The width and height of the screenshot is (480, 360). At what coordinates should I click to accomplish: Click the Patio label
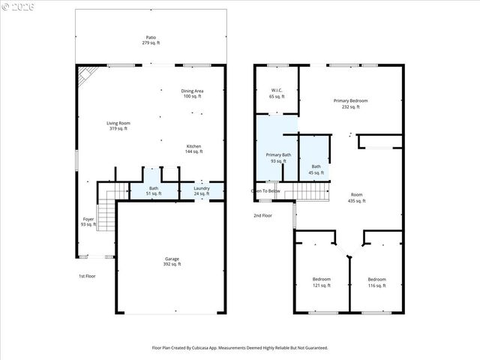tap(151, 40)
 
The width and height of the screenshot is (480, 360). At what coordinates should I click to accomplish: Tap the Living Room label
tap(118, 125)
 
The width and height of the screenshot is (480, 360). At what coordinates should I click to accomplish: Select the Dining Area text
tap(193, 94)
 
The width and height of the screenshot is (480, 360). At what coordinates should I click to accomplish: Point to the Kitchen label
tap(194, 148)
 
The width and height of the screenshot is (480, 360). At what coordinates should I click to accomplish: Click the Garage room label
tap(172, 262)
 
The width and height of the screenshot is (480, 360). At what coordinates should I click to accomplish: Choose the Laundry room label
tap(202, 190)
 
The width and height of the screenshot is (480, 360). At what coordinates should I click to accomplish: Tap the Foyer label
tap(88, 221)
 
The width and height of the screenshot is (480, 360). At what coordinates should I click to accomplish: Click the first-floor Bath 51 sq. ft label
tap(154, 190)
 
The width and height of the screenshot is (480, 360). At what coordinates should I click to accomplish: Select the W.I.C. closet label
tap(277, 94)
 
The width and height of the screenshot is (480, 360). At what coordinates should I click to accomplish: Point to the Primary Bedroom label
tap(351, 103)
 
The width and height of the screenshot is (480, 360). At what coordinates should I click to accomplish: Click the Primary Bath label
tap(277, 158)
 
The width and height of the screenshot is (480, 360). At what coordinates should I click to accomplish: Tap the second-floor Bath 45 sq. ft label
tap(316, 169)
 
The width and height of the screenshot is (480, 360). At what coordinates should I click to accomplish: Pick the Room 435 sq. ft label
tap(356, 197)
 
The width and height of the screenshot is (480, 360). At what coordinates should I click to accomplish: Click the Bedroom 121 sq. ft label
tap(321, 282)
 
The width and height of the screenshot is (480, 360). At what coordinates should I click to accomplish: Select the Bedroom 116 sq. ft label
tap(376, 282)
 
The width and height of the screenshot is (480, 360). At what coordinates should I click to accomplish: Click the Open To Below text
tap(265, 191)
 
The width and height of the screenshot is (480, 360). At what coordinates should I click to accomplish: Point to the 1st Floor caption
tap(87, 276)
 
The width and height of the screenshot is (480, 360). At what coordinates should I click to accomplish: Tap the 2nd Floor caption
tap(262, 215)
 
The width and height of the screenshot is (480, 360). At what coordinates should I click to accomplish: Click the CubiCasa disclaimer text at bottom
tap(240, 348)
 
